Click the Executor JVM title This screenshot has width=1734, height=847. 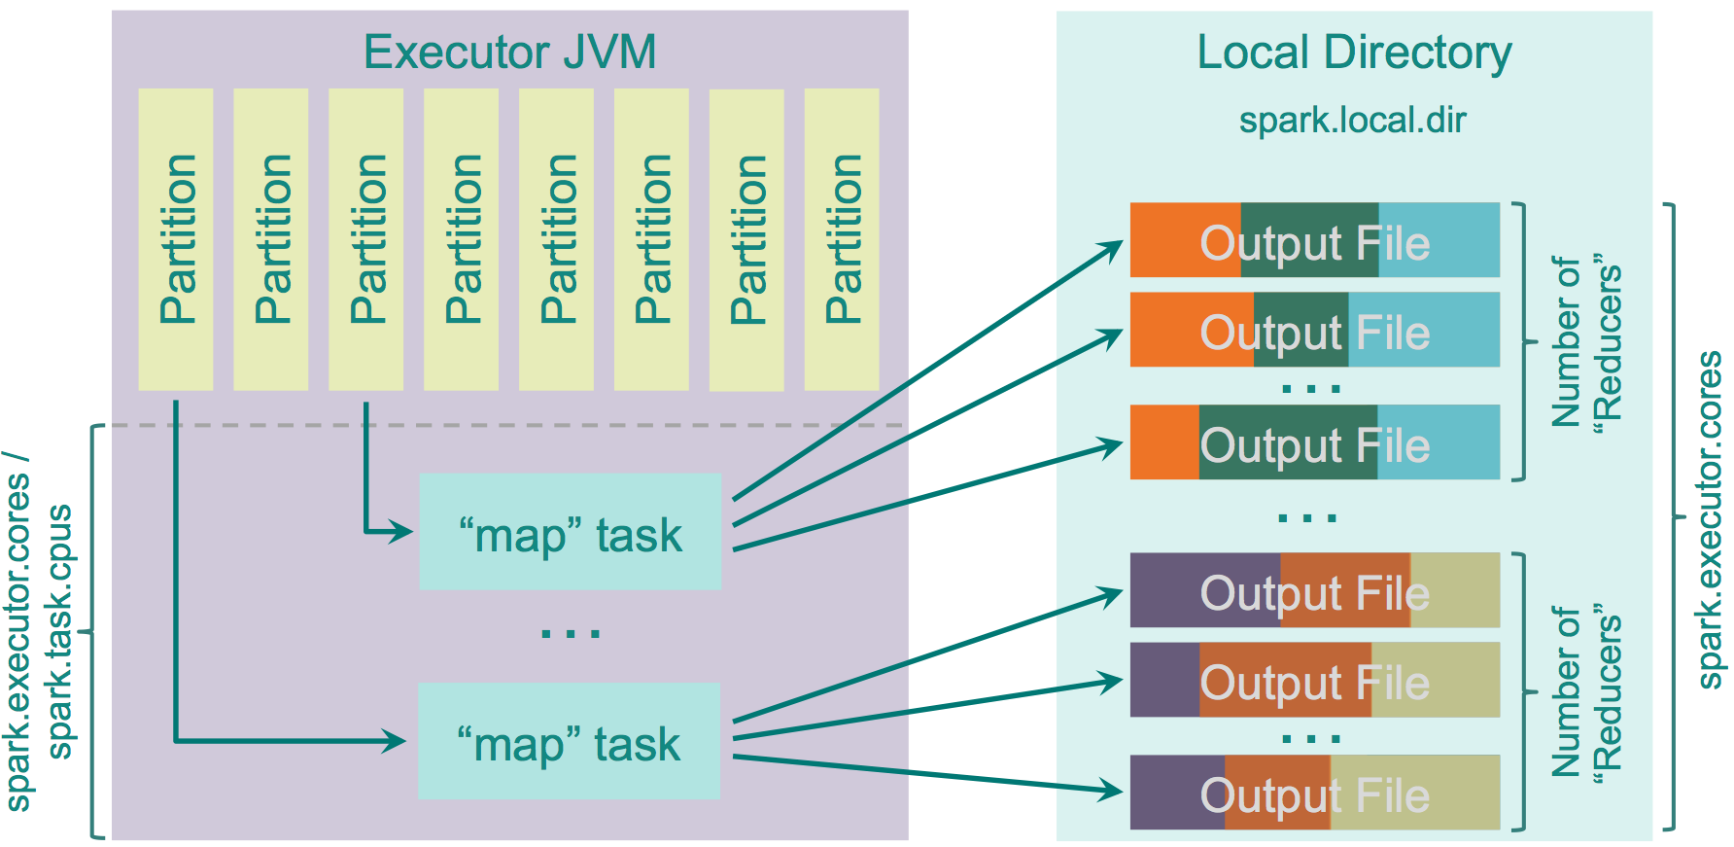point(509,53)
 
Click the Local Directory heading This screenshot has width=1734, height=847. point(1354,53)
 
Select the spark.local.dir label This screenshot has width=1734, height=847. point(1352,121)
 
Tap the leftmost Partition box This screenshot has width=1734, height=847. point(176,239)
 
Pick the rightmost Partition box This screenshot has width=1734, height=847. point(842,239)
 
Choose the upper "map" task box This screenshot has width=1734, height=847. point(571,532)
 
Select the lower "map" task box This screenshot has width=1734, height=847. point(570,741)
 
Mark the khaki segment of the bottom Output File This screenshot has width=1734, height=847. point(1458,793)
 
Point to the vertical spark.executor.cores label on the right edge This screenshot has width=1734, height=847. point(1710,519)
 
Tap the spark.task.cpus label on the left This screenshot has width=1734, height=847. point(60,632)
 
